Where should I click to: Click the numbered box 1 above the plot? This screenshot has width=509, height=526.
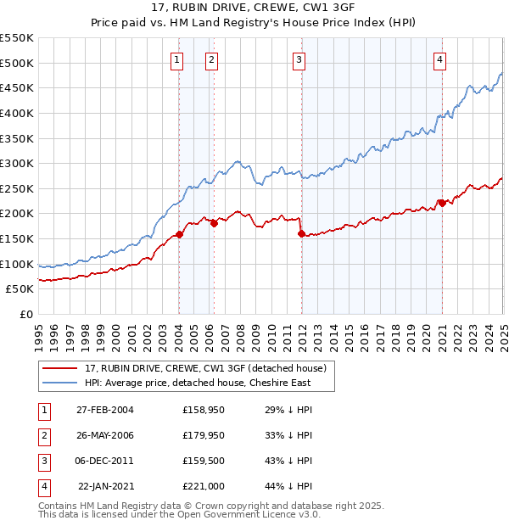(176, 59)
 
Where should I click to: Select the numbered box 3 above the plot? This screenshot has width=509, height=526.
(299, 59)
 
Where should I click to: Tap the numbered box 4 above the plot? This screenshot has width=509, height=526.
(440, 59)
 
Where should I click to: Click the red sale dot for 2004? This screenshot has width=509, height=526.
(180, 234)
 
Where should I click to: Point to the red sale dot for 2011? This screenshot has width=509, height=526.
(301, 233)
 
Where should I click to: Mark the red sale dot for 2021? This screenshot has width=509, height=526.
(441, 203)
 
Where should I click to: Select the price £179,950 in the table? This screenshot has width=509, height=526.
(204, 435)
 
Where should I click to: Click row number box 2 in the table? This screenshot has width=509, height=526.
(43, 435)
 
